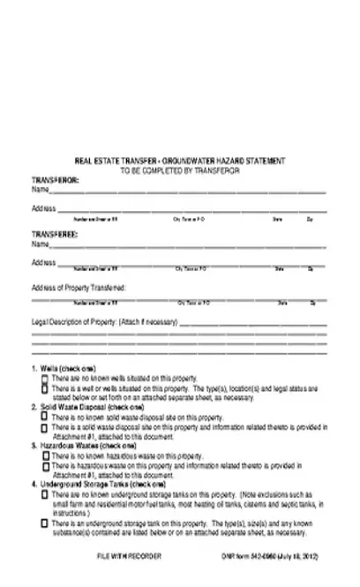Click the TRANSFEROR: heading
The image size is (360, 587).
(56, 179)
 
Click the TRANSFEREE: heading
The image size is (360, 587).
(56, 233)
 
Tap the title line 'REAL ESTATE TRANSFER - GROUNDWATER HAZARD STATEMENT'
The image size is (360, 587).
(180, 161)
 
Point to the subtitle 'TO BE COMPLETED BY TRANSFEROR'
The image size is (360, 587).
(180, 169)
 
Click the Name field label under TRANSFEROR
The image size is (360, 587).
(40, 189)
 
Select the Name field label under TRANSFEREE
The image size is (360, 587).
(40, 243)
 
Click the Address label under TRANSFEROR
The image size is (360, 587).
(44, 208)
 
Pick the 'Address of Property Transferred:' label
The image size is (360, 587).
(79, 288)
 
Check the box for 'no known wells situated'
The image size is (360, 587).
(44, 376)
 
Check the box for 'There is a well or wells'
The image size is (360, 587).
(44, 386)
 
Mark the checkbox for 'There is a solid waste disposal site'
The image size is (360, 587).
(44, 426)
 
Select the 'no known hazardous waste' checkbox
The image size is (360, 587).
(44, 455)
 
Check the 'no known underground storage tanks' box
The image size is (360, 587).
(44, 494)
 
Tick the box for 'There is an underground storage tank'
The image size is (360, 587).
(44, 523)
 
